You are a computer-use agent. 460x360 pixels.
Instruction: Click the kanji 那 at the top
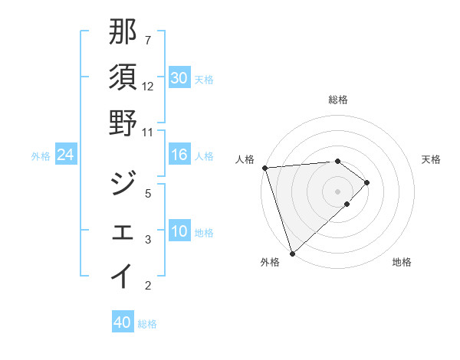pyautogui.click(x=123, y=31)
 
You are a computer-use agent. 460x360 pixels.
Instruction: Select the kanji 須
pyautogui.click(x=123, y=77)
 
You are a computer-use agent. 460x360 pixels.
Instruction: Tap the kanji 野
pyautogui.click(x=123, y=123)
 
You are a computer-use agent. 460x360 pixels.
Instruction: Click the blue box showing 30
pyautogui.click(x=179, y=78)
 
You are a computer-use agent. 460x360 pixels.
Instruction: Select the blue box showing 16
pyautogui.click(x=179, y=155)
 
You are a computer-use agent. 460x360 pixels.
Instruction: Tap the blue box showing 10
pyautogui.click(x=179, y=231)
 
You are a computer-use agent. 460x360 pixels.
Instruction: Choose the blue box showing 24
pyautogui.click(x=66, y=155)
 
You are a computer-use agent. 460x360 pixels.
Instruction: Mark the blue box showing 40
pyautogui.click(x=122, y=322)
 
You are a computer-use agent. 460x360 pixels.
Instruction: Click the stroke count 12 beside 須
pyautogui.click(x=148, y=86)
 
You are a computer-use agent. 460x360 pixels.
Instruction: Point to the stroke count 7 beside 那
pyautogui.click(x=148, y=40)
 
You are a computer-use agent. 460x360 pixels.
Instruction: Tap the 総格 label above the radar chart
pyautogui.click(x=338, y=100)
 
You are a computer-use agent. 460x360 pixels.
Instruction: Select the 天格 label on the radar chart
pyautogui.click(x=431, y=159)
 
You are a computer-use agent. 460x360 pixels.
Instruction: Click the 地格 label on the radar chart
pyautogui.click(x=402, y=262)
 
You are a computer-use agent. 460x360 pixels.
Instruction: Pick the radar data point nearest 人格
pyautogui.click(x=264, y=168)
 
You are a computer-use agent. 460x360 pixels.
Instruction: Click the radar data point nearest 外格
pyautogui.click(x=292, y=253)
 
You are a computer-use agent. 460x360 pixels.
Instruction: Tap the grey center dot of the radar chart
pyautogui.click(x=337, y=191)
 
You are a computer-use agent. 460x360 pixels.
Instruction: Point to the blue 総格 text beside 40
pyautogui.click(x=148, y=324)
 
